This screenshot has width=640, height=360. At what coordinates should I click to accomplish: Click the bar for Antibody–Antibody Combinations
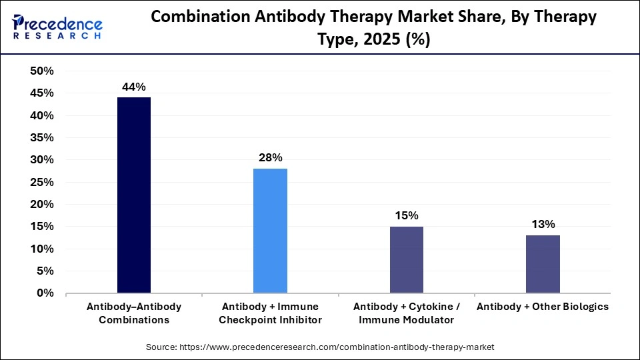134,195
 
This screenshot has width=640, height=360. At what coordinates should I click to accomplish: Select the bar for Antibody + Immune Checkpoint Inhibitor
270,231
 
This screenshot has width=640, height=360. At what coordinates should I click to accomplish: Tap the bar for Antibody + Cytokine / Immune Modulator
406,259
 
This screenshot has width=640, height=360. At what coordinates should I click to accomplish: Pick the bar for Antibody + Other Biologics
543,264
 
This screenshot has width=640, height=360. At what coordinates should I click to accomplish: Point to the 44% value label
133,87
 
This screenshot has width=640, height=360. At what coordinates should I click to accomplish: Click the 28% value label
270,158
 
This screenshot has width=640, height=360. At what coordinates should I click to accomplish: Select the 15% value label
406,215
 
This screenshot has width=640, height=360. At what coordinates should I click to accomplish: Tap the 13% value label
543,224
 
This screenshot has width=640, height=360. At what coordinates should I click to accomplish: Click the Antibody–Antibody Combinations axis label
134,313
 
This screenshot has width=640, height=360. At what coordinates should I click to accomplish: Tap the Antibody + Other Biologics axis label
543,307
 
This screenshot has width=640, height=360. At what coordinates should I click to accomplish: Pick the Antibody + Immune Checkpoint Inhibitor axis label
270,313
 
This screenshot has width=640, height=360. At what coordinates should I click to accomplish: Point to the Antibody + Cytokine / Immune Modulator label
406,313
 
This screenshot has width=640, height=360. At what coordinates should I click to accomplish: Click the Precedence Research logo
57,27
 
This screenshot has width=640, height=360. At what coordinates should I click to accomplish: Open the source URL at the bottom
320,347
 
